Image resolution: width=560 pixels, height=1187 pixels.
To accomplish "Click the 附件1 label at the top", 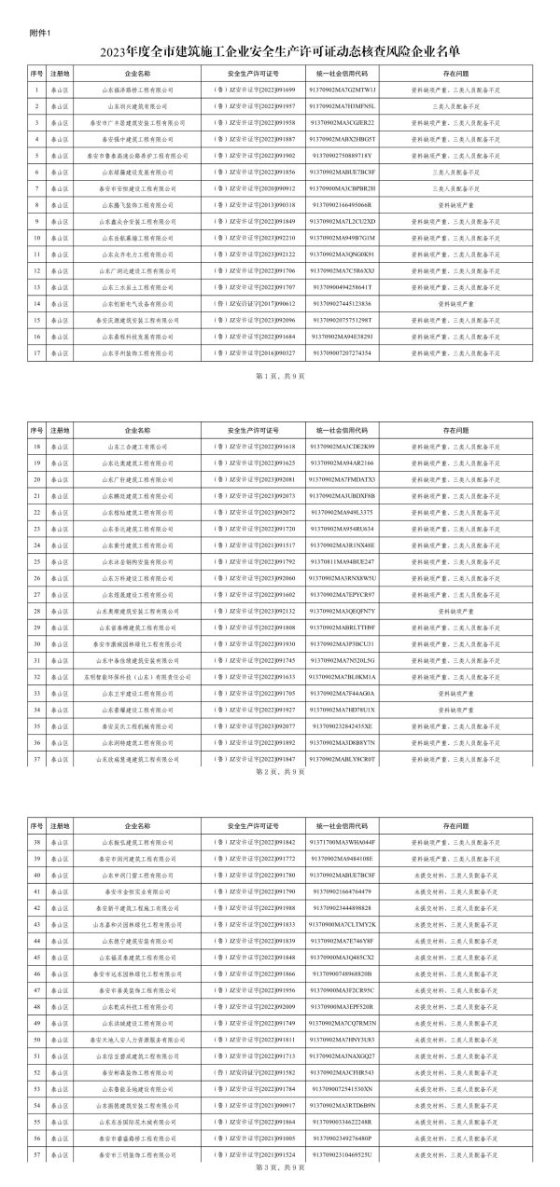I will (40, 35).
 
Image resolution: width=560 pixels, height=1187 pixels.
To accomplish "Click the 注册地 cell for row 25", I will (61, 561).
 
